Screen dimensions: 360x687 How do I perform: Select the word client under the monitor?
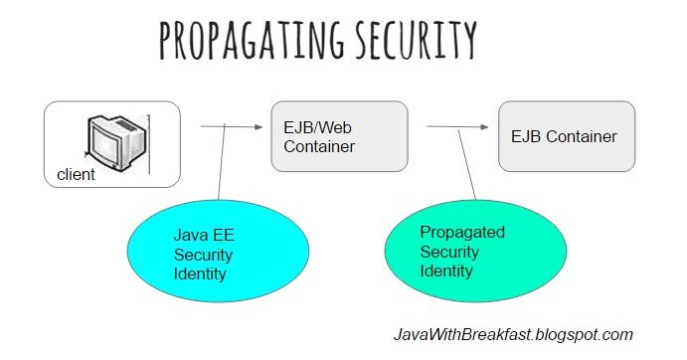coord(77,175)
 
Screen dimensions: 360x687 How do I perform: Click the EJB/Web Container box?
coord(339,136)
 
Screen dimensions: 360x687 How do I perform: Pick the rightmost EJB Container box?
coord(565,135)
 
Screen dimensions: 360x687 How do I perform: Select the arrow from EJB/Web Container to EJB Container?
coord(457,126)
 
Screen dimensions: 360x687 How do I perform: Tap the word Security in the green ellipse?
coord(449,251)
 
